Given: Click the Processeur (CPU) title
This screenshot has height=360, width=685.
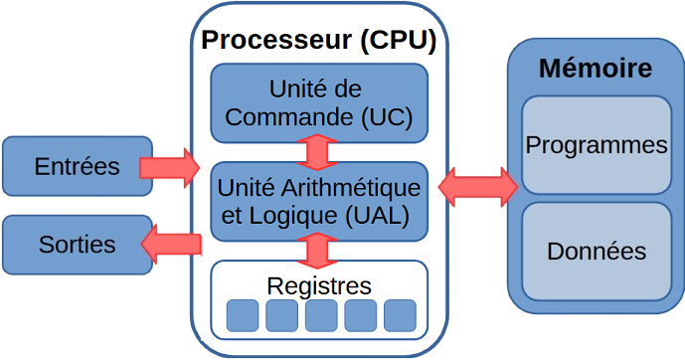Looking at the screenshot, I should click(x=319, y=42).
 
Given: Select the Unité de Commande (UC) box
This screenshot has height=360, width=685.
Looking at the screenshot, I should click(x=319, y=101).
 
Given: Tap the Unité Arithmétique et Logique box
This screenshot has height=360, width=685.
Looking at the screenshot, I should click(x=319, y=201).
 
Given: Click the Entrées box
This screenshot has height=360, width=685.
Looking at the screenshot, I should click(x=77, y=166).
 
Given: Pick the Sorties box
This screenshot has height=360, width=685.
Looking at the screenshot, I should click(x=77, y=244).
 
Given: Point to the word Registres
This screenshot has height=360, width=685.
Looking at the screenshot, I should click(x=319, y=285).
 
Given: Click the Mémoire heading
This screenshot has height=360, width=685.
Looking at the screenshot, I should click(x=595, y=69).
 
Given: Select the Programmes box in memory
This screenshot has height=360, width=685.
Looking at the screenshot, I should click(x=596, y=145).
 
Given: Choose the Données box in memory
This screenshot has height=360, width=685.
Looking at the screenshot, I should click(x=596, y=251).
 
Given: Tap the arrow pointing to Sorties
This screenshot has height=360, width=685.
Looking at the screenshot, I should click(x=175, y=241).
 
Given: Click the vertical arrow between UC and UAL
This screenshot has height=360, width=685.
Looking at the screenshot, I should click(x=319, y=151).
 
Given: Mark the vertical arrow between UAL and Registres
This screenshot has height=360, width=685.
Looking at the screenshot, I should click(x=319, y=250).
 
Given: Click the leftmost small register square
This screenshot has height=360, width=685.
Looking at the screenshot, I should click(x=242, y=315).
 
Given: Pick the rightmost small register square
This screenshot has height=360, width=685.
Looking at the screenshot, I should click(x=400, y=315).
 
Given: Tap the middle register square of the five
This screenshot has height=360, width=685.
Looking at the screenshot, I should click(x=320, y=315).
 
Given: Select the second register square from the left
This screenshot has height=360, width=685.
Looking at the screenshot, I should click(x=281, y=315).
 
